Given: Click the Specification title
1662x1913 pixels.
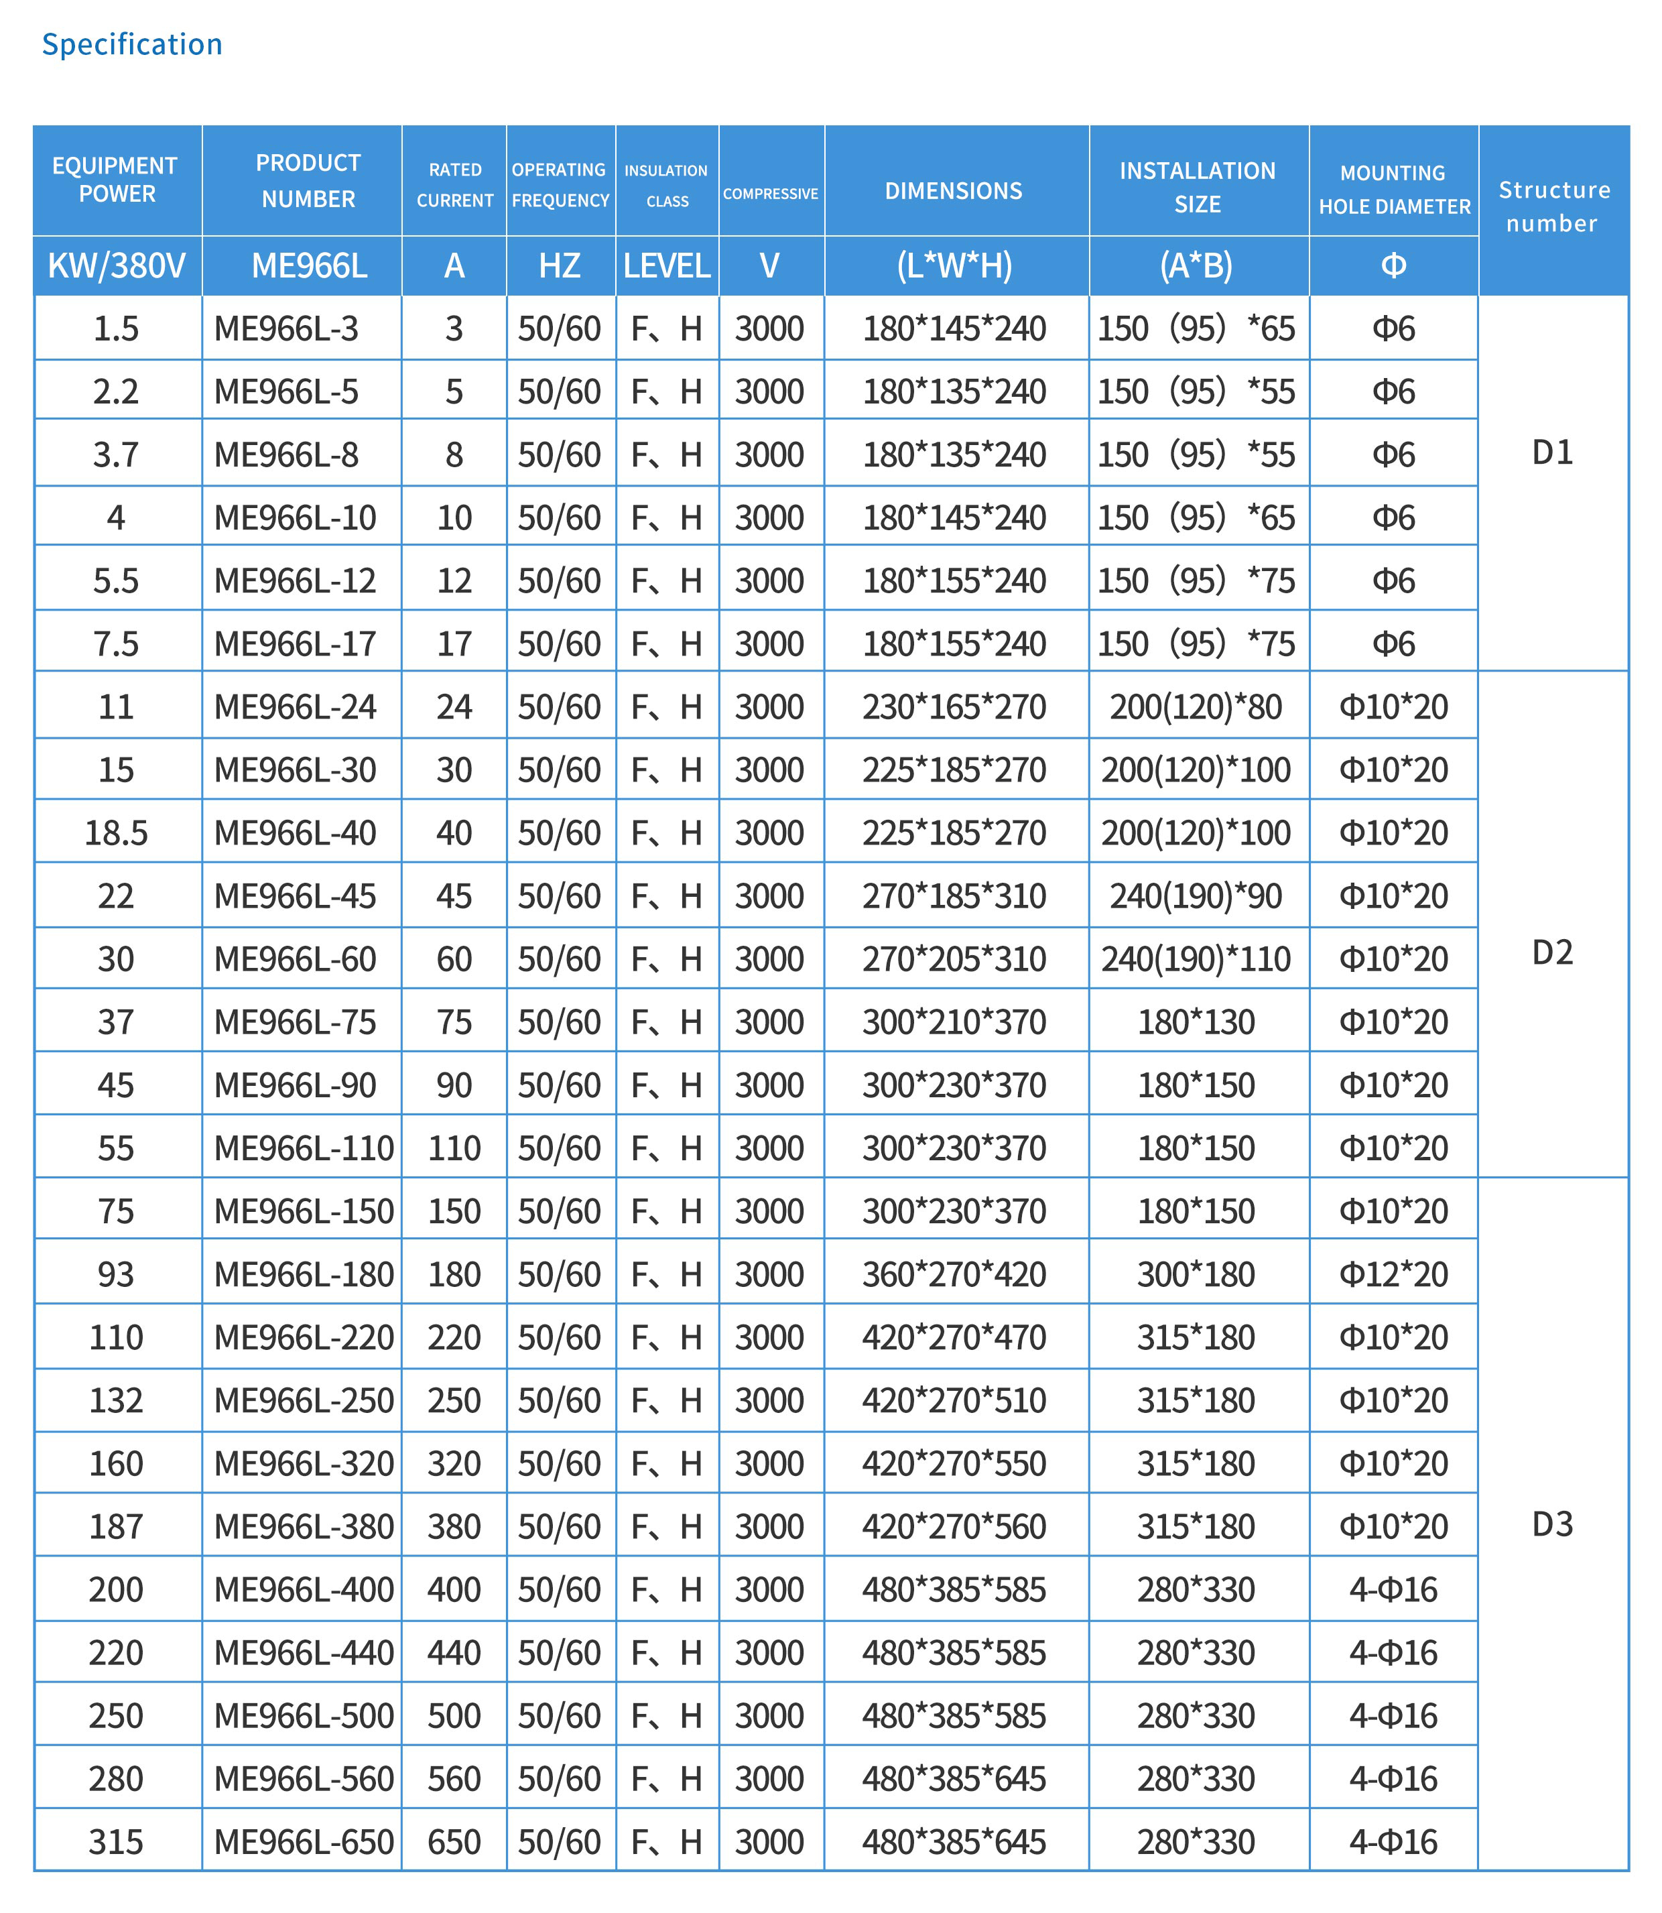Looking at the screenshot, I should [x=132, y=44].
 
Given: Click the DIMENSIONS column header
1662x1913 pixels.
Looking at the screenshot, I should [x=954, y=191].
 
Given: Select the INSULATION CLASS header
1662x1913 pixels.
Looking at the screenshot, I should [x=666, y=186].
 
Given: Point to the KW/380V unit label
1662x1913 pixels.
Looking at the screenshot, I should [x=117, y=266].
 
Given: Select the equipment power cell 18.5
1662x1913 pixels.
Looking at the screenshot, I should [x=116, y=833].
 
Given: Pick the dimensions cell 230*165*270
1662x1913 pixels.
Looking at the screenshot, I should [x=954, y=707].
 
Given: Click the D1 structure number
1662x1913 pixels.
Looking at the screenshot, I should [x=1553, y=452].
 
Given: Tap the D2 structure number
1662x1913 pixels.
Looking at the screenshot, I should [x=1553, y=952].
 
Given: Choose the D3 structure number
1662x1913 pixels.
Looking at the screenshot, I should [x=1553, y=1524].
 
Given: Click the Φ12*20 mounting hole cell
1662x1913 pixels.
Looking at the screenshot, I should [x=1393, y=1275].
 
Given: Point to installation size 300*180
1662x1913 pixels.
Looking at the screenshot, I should [x=1196, y=1275].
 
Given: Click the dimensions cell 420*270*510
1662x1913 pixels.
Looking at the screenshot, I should [x=954, y=1400].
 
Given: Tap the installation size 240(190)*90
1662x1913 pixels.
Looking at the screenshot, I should [x=1196, y=896].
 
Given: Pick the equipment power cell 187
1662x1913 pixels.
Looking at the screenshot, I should [x=116, y=1526].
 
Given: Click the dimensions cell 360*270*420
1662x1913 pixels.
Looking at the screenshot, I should [x=954, y=1275].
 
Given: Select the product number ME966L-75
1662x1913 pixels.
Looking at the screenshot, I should [x=295, y=1022].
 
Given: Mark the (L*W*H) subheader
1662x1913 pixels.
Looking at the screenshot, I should [x=954, y=266].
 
